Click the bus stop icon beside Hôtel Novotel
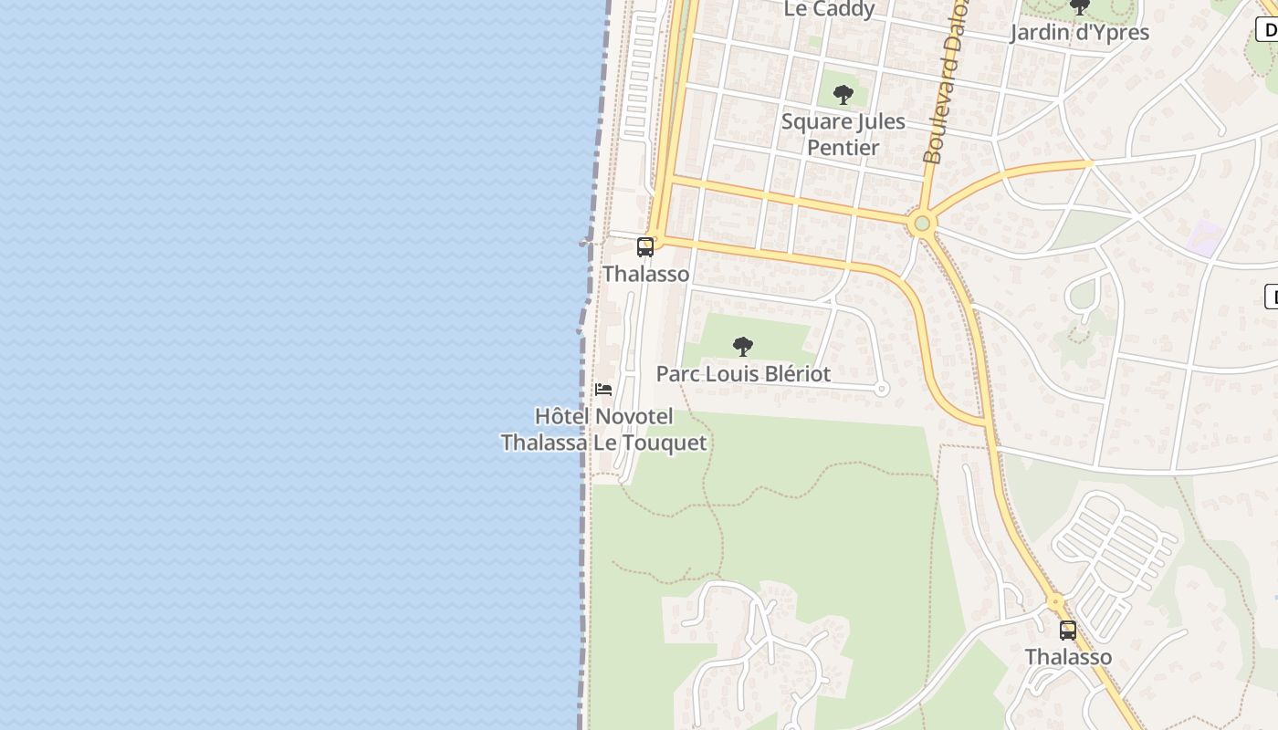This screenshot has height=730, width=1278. tap(645, 246)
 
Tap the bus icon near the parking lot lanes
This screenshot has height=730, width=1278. tap(1067, 630)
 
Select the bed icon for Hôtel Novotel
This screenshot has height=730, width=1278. tap(603, 390)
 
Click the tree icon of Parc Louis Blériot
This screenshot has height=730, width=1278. tap(743, 347)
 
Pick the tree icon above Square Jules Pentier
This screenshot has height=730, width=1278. tap(843, 94)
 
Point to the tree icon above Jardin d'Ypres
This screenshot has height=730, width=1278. tap(1080, 7)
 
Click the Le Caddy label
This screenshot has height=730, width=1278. tap(830, 9)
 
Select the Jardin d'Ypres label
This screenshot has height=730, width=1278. tap(1079, 33)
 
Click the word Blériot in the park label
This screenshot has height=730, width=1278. tap(796, 374)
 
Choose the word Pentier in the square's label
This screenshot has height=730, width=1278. tap(843, 148)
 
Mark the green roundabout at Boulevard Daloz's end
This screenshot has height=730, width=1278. tap(922, 223)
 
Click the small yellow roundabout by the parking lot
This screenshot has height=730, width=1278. tap(1055, 602)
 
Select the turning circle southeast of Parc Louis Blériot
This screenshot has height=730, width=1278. tap(881, 389)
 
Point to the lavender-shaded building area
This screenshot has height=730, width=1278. tap(1207, 237)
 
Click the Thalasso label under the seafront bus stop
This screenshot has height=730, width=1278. tap(645, 274)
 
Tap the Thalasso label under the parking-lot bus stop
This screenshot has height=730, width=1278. tap(1068, 657)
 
